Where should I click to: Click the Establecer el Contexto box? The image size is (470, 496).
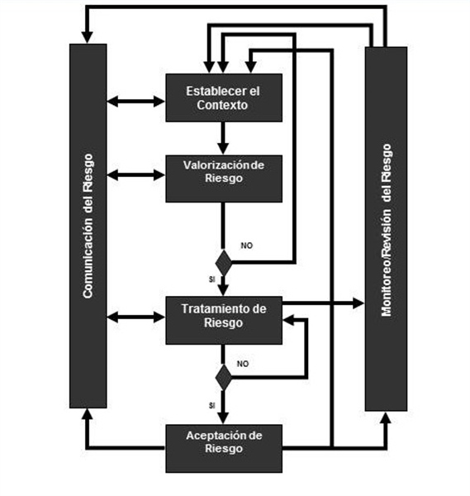224,98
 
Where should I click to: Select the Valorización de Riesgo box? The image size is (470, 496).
224,179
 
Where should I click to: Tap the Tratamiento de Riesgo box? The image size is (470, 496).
224,320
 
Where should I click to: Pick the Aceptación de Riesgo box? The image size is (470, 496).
224,449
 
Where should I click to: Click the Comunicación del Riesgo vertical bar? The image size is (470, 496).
88,226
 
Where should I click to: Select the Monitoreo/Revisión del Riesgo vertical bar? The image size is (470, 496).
386,229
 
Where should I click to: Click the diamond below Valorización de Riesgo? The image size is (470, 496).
224,263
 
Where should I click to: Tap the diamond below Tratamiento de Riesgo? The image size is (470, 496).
224,378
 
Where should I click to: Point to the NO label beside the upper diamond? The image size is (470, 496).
246,246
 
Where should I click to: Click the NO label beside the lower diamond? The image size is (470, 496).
243,364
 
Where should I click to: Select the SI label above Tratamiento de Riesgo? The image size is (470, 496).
212,279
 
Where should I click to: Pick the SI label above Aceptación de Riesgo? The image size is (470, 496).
212,405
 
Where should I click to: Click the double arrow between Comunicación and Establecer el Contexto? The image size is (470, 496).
136,102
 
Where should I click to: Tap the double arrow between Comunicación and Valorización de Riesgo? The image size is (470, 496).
136,175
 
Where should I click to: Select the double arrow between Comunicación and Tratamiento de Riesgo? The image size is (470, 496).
136,317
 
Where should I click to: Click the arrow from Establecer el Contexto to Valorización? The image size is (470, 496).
223,138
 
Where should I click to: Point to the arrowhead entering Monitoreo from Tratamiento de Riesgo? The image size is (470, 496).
358,303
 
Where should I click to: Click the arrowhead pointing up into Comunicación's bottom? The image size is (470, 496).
88,414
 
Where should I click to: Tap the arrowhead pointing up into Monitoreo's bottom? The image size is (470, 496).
386,417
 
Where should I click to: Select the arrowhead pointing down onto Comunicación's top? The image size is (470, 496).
88,37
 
